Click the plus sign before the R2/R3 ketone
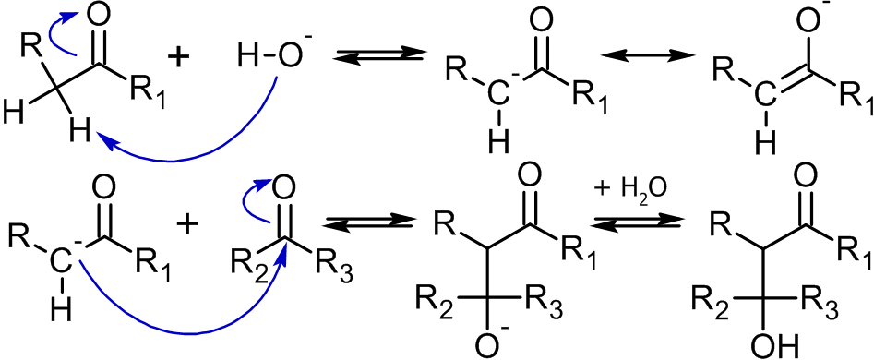(187, 224)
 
